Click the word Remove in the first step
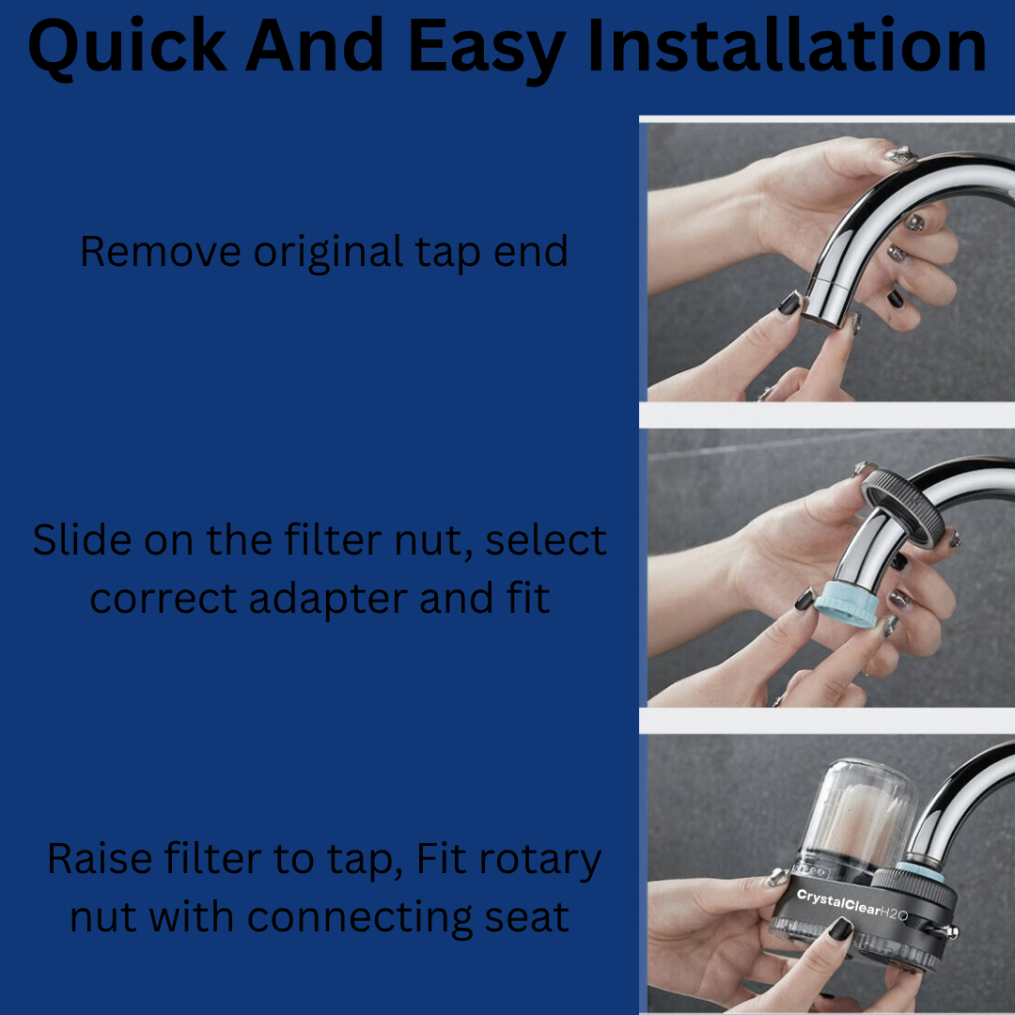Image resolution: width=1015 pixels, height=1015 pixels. (x=161, y=251)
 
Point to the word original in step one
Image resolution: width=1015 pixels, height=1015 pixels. (x=328, y=253)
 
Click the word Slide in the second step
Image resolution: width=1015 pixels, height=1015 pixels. (x=82, y=539)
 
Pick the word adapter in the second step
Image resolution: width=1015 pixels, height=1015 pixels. (x=328, y=600)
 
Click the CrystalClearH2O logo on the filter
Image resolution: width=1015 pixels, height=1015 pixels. (x=851, y=905)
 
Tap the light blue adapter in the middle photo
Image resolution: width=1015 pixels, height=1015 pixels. (x=846, y=603)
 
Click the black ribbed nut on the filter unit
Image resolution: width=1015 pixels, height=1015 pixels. (x=914, y=889)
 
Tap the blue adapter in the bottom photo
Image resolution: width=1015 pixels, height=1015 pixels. (x=920, y=870)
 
